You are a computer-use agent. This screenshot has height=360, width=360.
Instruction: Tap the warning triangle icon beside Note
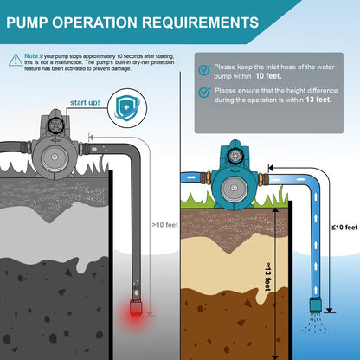tap(16, 60)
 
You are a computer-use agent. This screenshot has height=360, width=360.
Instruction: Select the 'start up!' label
tap(83, 102)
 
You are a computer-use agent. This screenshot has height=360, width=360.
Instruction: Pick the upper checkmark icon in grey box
tap(203, 70)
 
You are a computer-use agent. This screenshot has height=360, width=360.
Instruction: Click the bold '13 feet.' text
tap(318, 100)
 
